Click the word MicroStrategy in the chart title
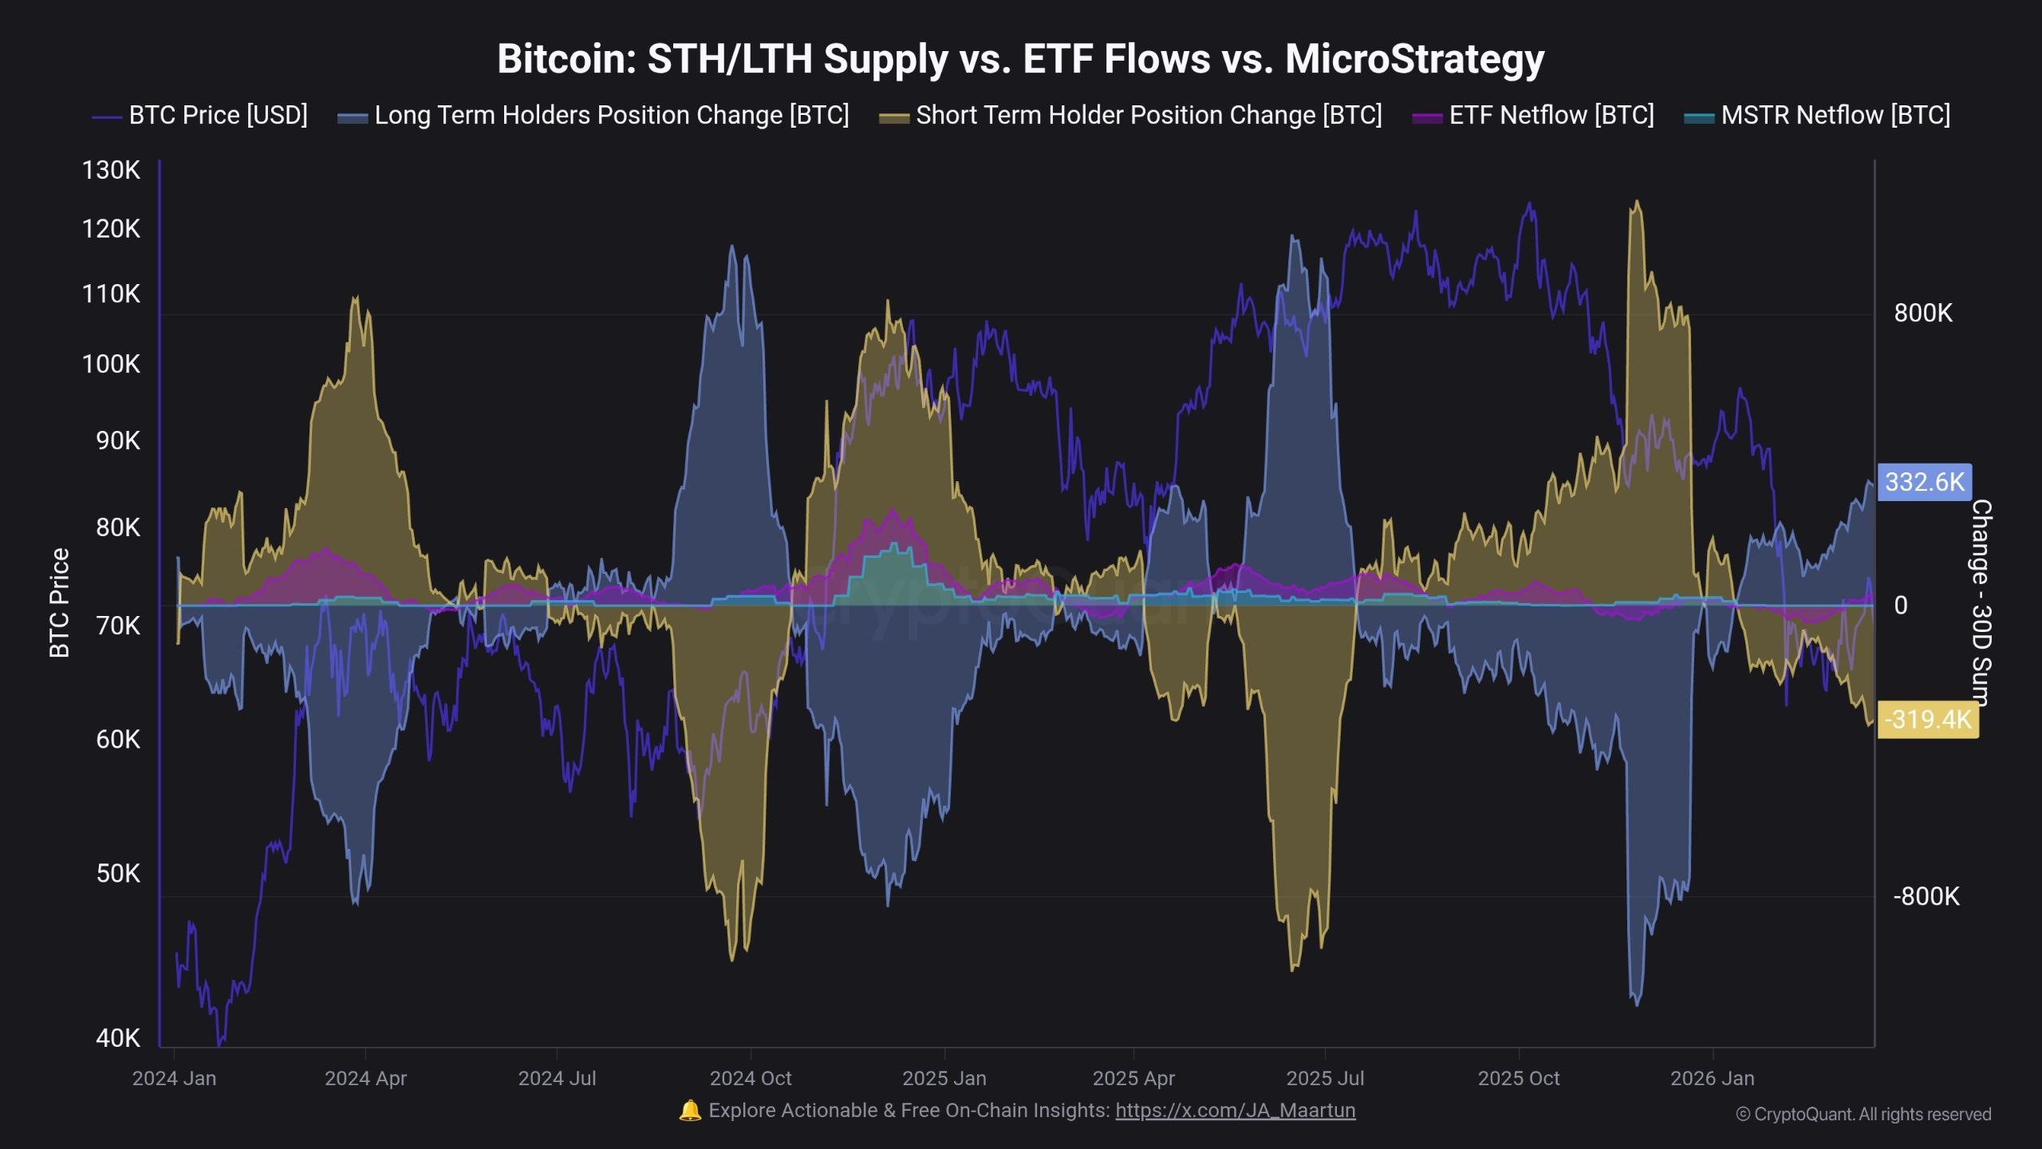pos(1414,59)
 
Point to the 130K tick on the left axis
pos(111,170)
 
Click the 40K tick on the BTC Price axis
pos(117,1038)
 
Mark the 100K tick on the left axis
pos(111,365)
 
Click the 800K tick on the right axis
pos(1923,314)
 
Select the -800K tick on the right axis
pos(1926,897)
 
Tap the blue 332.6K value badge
pos(1924,482)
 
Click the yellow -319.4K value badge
pos(1927,720)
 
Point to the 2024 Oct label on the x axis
pos(750,1079)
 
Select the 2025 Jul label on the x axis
pos(1325,1079)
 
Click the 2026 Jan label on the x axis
pos(1712,1079)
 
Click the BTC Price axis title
pos(60,603)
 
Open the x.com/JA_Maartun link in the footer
pos(1235,1111)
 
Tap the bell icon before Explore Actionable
pos(689,1111)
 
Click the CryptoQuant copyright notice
pos(1863,1115)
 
